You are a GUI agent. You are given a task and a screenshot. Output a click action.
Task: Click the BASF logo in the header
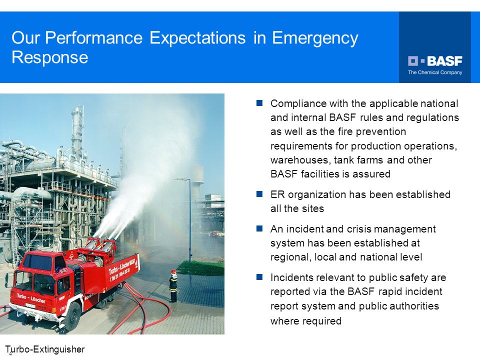point(435,61)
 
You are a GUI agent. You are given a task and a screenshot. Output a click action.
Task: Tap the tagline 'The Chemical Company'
point(435,72)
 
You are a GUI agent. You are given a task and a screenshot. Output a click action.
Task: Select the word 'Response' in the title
point(50,57)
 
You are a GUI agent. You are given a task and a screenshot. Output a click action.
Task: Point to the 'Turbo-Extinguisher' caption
point(44,349)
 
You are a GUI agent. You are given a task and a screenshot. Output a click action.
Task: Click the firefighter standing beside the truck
point(173,285)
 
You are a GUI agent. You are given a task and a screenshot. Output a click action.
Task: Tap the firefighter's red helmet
point(173,271)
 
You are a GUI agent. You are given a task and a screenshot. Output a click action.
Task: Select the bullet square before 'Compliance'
point(259,103)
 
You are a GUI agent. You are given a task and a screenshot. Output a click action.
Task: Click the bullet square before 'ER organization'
point(259,194)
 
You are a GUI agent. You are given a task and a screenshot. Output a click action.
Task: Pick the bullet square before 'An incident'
point(259,228)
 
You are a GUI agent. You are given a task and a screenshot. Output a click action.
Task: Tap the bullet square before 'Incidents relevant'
point(259,276)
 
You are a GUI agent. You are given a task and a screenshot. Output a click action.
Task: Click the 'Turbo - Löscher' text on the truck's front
point(31,298)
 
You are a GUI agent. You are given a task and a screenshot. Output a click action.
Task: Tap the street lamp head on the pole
point(181,179)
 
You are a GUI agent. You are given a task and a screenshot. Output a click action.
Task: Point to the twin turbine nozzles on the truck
point(101,245)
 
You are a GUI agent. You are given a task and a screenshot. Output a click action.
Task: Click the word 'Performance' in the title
point(94,38)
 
